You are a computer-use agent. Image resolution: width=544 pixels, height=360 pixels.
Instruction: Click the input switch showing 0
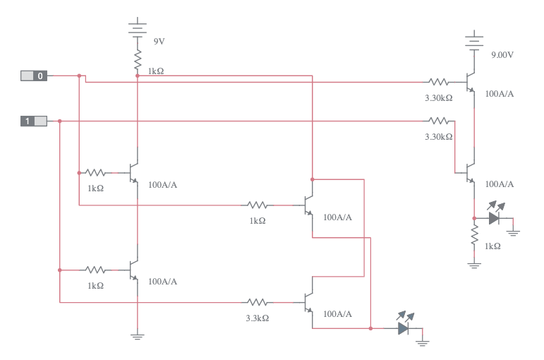pos(33,76)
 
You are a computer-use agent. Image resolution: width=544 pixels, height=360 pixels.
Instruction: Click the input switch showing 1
pos(33,121)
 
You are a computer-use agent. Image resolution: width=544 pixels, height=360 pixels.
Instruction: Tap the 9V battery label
pos(159,42)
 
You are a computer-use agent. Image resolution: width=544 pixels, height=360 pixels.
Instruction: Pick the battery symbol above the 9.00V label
pos(474,40)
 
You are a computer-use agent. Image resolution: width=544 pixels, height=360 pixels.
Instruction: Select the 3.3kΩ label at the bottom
pos(257,318)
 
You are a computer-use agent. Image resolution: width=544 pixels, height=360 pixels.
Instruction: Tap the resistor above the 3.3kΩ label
pos(257,302)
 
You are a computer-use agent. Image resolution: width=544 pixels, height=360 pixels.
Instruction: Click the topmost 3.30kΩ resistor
pos(438,82)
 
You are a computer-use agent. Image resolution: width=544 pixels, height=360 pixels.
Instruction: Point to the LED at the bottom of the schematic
pos(404,328)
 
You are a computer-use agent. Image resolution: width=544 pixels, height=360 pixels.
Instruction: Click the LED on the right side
pos(495,218)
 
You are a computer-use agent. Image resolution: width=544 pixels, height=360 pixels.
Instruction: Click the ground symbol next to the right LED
pos(514,231)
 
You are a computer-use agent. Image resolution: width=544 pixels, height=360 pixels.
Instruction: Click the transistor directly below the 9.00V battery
pos(469,82)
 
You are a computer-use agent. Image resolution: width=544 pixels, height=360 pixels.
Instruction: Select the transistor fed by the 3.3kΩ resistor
pos(308,302)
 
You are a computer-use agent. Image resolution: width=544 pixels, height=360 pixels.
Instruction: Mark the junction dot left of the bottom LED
pos(370,328)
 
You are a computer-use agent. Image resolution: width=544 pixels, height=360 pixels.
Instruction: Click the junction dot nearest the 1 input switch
pos(60,121)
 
